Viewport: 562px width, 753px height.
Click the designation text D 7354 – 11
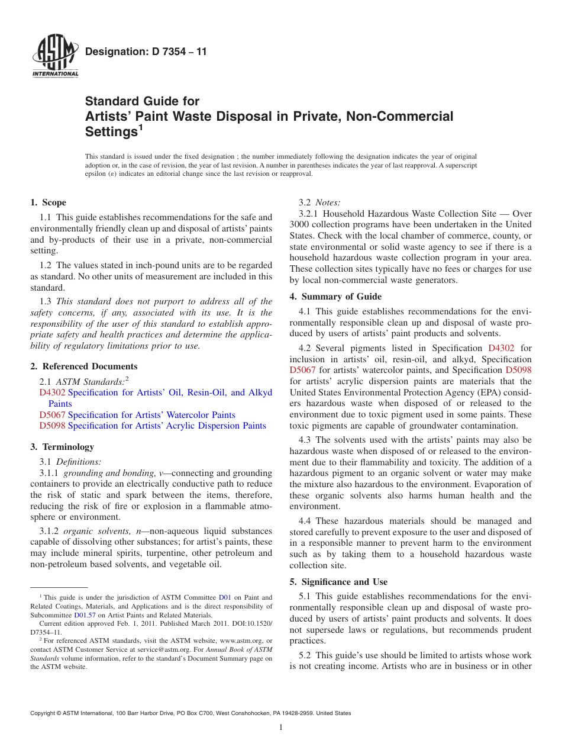tap(146, 52)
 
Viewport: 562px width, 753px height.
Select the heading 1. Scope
tap(49, 202)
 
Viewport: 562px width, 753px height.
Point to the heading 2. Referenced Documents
tap(84, 366)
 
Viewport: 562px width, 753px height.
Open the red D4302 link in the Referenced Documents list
tap(52, 392)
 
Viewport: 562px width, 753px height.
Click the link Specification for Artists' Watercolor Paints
tap(151, 415)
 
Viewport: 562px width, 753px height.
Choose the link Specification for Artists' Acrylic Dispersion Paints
tap(167, 426)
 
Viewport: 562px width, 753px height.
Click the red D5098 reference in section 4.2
tap(518, 370)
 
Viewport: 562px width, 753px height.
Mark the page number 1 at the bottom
tap(281, 728)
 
